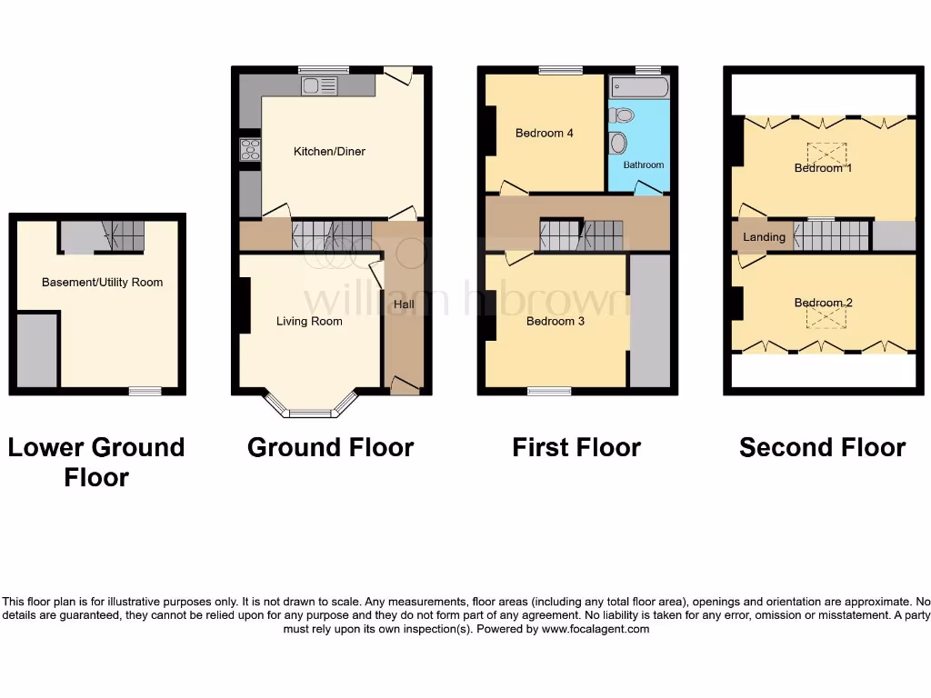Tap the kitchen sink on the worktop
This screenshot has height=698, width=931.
coord(319,85)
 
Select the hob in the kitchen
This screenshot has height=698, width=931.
coord(250,148)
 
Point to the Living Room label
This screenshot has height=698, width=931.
coord(309,321)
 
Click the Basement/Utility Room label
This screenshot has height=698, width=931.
coord(102,282)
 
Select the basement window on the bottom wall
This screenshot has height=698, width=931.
coord(145,391)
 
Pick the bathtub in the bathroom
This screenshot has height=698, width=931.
coord(640,87)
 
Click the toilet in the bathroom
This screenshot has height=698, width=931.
coord(623,115)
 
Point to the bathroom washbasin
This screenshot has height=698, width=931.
coord(619,144)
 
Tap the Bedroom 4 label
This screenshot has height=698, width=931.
coord(544,133)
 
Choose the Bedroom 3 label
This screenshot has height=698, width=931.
coord(556,321)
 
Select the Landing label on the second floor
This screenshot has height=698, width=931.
coord(764,237)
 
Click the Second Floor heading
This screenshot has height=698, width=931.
coord(822,447)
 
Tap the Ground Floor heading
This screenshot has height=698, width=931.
coord(330,447)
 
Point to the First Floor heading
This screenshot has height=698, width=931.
coord(576,447)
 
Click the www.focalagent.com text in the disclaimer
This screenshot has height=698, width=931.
coord(596,629)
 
